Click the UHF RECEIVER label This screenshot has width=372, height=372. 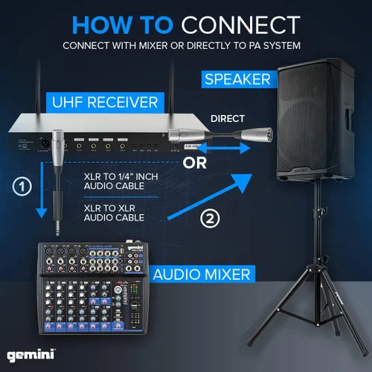(113, 100)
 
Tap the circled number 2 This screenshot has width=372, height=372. (211, 219)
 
